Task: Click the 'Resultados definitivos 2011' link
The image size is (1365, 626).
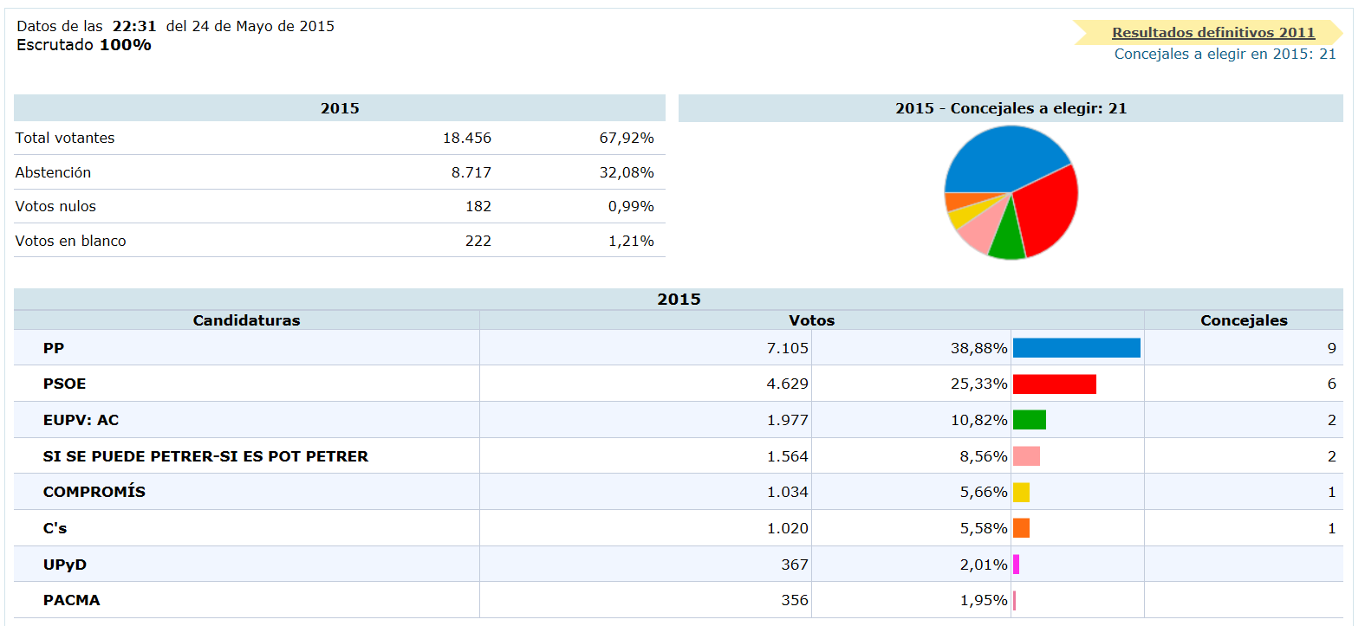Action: coord(1213,33)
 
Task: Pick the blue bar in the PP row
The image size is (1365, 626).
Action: coord(1076,348)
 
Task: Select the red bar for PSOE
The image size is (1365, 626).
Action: coord(1054,384)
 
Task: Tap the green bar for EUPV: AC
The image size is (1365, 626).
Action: coord(1030,420)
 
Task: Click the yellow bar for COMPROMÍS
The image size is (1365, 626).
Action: coord(1021,492)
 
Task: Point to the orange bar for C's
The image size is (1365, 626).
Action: coord(1021,528)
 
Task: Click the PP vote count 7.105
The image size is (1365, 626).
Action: coord(787,348)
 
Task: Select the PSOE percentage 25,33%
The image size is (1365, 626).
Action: coord(978,384)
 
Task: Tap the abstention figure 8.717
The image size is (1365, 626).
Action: coord(471,172)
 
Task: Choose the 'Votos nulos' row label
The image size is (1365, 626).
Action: coord(55,206)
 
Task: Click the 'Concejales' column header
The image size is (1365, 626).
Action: coord(1244,320)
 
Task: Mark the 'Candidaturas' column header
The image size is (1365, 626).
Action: coord(246,320)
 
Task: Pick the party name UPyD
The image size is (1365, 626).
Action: coord(65,565)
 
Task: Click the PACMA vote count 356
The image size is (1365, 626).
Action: coord(794,600)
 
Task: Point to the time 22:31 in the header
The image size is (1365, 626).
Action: coord(134,26)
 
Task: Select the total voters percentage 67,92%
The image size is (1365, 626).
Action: coord(626,138)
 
